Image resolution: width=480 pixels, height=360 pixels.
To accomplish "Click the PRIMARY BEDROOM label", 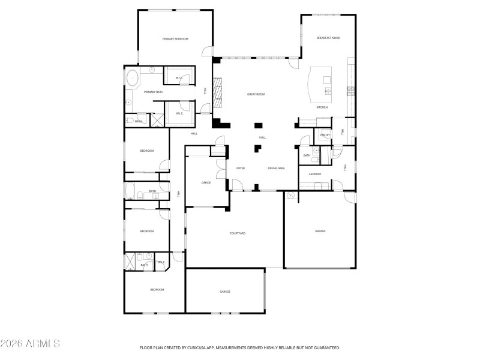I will [175, 39].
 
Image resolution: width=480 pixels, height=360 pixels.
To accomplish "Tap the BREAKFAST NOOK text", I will [328, 38].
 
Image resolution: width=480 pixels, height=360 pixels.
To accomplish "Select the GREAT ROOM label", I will [256, 94].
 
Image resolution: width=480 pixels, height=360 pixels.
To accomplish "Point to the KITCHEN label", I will [322, 107].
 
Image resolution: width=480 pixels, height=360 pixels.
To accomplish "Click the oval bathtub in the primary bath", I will [132, 77].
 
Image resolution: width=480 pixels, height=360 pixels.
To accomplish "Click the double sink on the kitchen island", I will [328, 91].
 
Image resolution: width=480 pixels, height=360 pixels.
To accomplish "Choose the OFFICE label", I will [206, 182].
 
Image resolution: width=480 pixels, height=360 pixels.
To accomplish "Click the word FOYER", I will [240, 169].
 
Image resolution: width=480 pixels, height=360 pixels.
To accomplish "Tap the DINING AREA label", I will [276, 169].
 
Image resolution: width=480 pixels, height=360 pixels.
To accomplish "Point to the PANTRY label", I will [325, 135].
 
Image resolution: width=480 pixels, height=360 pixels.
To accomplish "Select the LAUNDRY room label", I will [315, 175].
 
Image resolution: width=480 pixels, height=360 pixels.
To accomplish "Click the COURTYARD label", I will [238, 233].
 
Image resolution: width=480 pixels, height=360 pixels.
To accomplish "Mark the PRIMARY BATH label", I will [153, 92].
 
